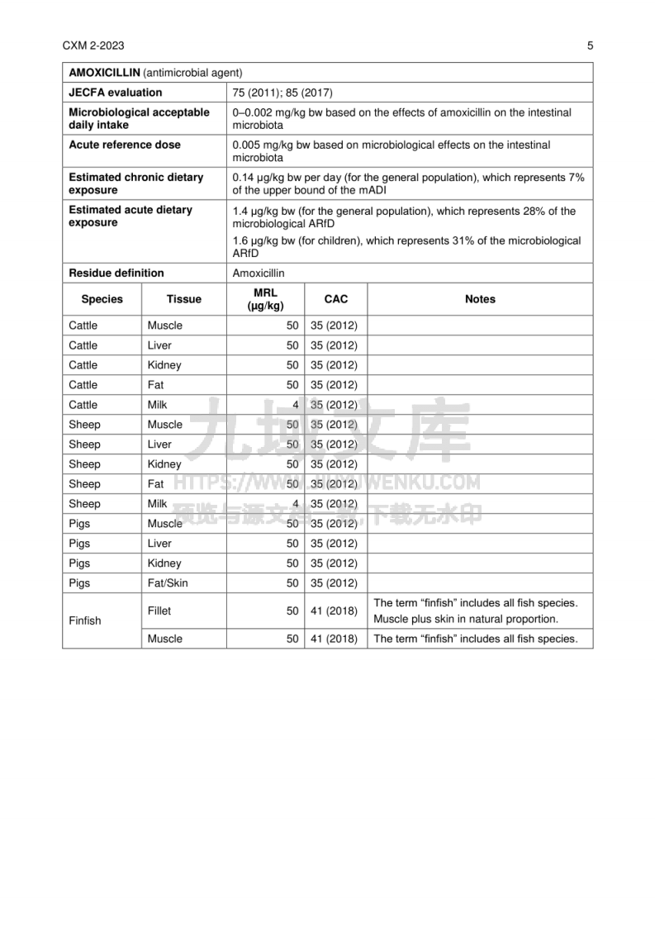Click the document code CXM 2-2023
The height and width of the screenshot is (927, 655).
[x=93, y=45]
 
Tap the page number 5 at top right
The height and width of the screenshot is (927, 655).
[x=590, y=45]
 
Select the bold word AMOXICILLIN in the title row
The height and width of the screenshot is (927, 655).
[x=104, y=73]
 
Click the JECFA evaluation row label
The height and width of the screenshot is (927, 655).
[x=115, y=93]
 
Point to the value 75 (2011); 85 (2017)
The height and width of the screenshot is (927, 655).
[x=282, y=93]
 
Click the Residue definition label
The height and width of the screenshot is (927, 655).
[x=116, y=273]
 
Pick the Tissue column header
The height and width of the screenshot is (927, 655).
[x=183, y=299]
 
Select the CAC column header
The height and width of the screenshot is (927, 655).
[x=335, y=299]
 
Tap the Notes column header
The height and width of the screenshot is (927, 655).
[x=480, y=299]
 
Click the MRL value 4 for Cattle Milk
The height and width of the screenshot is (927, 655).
[x=295, y=405]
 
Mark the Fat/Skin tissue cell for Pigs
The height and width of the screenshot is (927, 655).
[x=168, y=583]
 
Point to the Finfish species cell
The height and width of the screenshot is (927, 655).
[x=84, y=620]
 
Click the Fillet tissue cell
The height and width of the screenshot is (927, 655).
[x=159, y=611]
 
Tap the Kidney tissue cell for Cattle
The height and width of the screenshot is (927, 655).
[x=164, y=365]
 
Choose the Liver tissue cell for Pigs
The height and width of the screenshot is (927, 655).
[x=159, y=544]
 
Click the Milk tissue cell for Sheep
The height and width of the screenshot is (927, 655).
[x=157, y=504]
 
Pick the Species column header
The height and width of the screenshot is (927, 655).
[x=102, y=299]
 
